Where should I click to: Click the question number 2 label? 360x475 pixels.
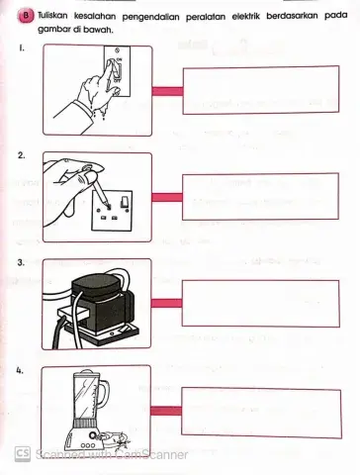point(21,156)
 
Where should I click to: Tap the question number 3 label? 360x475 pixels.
point(21,263)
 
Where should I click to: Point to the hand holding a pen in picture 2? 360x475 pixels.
point(74,181)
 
